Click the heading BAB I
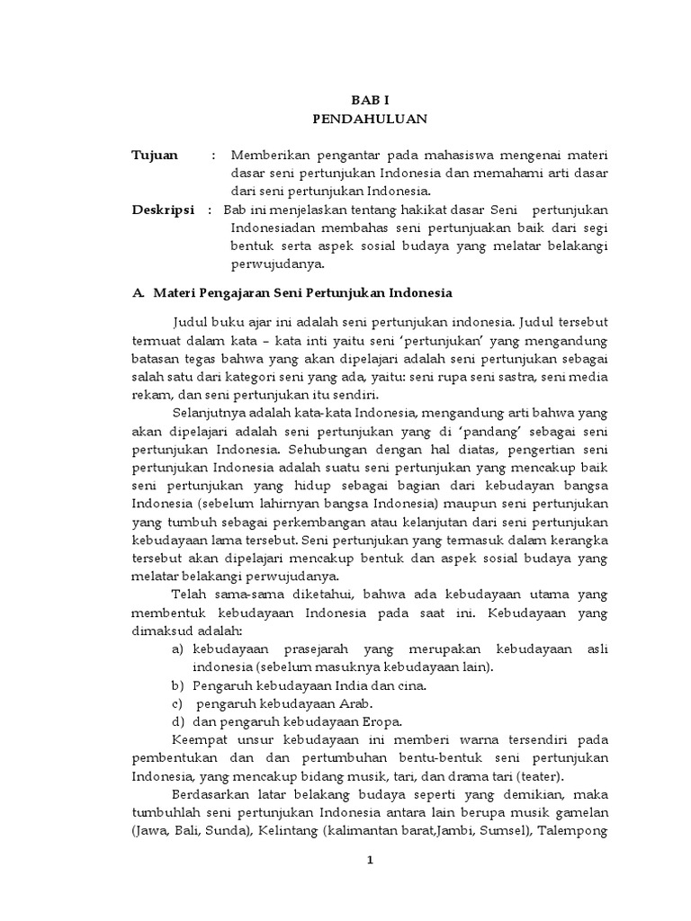point(370,101)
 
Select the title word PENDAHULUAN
point(370,118)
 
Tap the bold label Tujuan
point(155,156)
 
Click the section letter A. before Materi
point(139,293)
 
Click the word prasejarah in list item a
point(320,648)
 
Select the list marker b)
point(178,685)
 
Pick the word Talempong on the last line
point(573,832)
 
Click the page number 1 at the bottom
point(369,861)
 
